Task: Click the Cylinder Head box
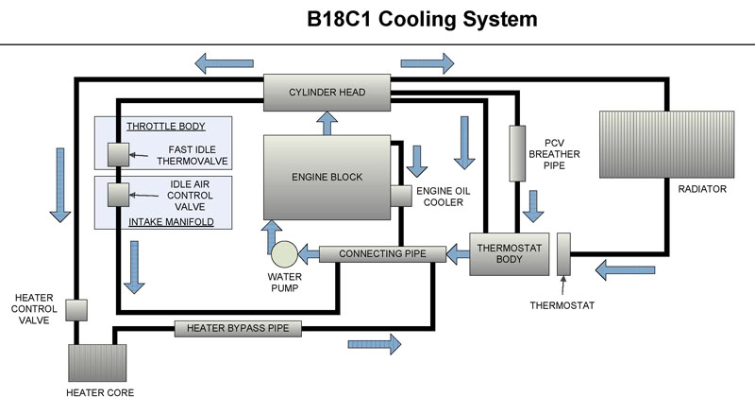pyautogui.click(x=327, y=92)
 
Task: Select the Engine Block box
pyautogui.click(x=327, y=177)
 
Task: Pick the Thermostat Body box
pyautogui.click(x=508, y=253)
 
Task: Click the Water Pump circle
pyautogui.click(x=283, y=253)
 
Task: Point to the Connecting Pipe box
pyautogui.click(x=381, y=253)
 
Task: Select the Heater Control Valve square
pyautogui.click(x=76, y=310)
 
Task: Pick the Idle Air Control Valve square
pyautogui.click(x=119, y=195)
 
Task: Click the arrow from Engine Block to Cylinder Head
pyautogui.click(x=327, y=122)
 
